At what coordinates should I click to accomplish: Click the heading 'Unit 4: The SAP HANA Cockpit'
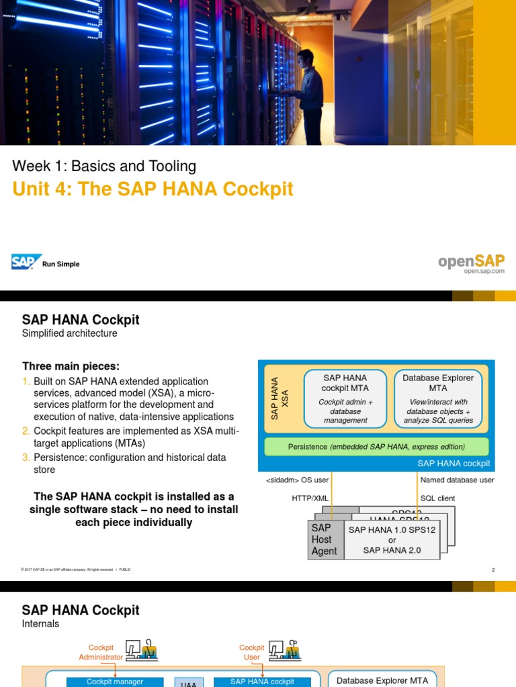[x=153, y=189]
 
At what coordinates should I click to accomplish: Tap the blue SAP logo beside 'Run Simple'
[x=26, y=262]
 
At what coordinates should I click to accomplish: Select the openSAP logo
[x=471, y=262]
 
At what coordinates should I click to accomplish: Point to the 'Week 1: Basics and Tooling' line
[x=104, y=166]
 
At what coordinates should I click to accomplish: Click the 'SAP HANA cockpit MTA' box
[x=345, y=399]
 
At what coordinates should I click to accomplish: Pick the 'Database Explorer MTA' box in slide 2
[x=438, y=399]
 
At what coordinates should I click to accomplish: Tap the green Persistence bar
[x=376, y=447]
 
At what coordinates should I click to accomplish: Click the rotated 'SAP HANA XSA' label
[x=279, y=398]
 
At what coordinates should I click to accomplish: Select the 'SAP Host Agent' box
[x=325, y=539]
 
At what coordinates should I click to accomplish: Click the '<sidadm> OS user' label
[x=298, y=480]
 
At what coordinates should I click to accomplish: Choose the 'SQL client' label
[x=437, y=498]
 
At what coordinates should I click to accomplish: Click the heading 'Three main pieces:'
[x=71, y=366]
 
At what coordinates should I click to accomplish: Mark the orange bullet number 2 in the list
[x=26, y=431]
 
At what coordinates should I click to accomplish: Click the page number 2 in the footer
[x=492, y=570]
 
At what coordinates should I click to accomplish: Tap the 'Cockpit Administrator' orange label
[x=101, y=652]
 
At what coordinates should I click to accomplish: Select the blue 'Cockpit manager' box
[x=115, y=682]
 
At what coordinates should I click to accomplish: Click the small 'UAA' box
[x=188, y=684]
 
